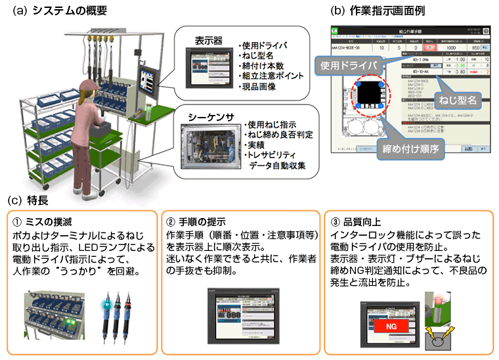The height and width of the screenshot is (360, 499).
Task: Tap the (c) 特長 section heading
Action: click(28, 199)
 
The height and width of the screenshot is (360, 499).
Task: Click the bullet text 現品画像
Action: click(261, 85)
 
